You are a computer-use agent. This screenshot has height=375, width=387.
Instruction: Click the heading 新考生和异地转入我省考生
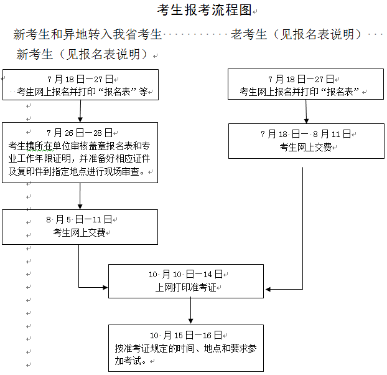pos(88,34)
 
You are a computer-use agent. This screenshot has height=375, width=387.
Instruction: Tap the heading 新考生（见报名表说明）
pos(83,55)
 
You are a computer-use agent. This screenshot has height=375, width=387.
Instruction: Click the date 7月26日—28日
pos(80,133)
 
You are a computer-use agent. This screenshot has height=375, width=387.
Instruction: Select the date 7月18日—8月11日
pos(305,134)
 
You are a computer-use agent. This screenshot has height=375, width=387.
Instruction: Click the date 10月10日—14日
pos(185,274)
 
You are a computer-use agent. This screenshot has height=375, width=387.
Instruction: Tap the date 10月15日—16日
pos(185,335)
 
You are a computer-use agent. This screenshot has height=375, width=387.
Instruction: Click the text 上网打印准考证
pos(185,288)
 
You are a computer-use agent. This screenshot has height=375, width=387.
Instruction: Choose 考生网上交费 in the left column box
pos(79,232)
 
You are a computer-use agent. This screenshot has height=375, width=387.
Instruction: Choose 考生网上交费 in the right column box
pos(305,147)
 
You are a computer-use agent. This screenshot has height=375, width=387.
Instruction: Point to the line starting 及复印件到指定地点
pos(80,171)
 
